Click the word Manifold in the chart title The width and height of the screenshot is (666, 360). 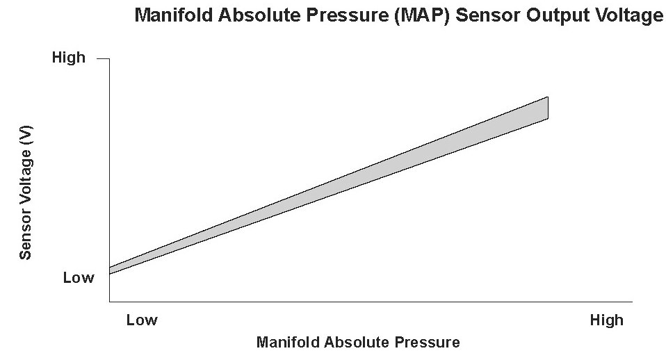(x=174, y=15)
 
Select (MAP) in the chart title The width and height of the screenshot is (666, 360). (x=421, y=16)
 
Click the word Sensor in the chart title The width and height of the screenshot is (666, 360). (x=488, y=15)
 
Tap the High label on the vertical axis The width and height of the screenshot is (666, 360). (x=68, y=57)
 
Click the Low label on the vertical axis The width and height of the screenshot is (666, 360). (x=79, y=277)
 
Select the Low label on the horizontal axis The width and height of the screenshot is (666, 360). (x=142, y=320)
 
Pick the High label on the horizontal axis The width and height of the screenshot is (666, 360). (x=606, y=320)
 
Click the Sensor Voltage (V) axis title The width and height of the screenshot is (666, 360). (x=26, y=193)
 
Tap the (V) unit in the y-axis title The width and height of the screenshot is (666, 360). (x=26, y=135)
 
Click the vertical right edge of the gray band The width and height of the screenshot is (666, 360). (x=548, y=108)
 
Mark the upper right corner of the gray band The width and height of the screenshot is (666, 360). (x=548, y=97)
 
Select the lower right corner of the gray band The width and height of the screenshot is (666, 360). (x=548, y=119)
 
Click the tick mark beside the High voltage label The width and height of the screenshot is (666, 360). (x=103, y=58)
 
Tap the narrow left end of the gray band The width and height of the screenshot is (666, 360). (x=110, y=270)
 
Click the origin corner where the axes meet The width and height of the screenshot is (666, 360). (x=110, y=302)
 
